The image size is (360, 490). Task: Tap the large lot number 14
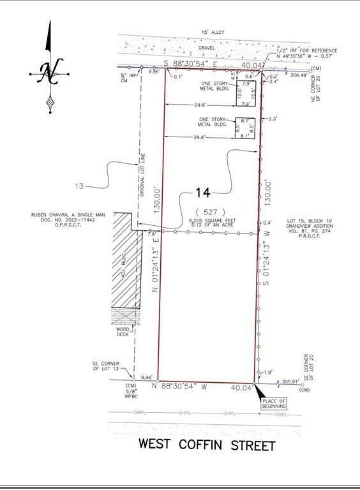pyautogui.click(x=202, y=192)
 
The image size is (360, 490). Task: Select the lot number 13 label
pyautogui.click(x=79, y=186)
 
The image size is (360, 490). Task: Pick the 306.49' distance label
pyautogui.click(x=297, y=74)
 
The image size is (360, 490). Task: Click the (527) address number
pyautogui.click(x=206, y=211)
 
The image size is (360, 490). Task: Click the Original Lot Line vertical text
pyautogui.click(x=144, y=175)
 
